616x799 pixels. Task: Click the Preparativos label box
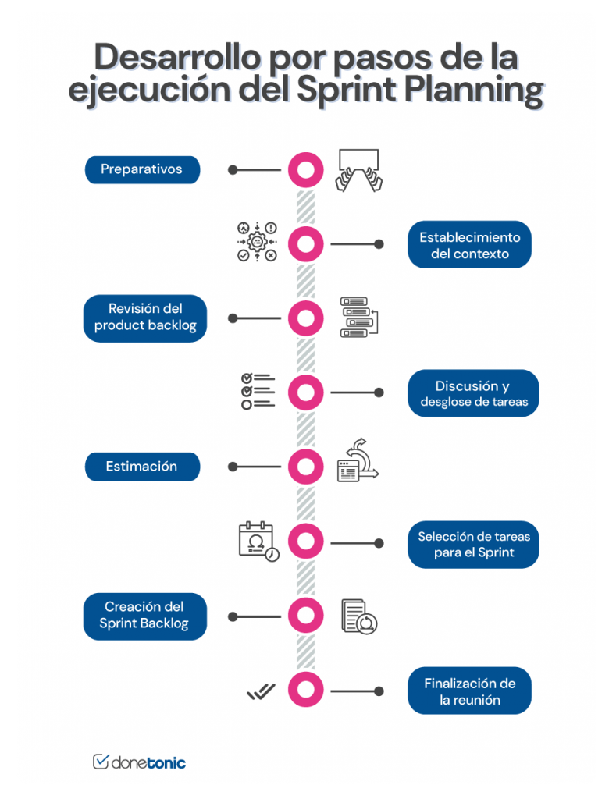[x=142, y=169]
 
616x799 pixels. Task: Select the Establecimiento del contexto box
[x=469, y=245]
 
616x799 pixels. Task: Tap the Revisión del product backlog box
[x=145, y=318]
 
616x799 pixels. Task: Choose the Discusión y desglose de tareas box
[x=473, y=393]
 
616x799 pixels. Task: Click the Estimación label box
[x=142, y=467]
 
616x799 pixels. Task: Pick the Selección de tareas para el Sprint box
[x=473, y=544]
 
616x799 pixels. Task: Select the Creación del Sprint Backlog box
[x=144, y=616]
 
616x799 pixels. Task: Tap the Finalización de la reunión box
[x=469, y=691]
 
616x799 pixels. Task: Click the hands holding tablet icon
[x=359, y=169]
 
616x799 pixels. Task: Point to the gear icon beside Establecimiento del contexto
[x=257, y=242]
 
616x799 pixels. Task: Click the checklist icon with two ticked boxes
[x=258, y=391]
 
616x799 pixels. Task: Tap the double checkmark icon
[x=261, y=691]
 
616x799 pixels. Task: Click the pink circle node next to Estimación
[x=305, y=467]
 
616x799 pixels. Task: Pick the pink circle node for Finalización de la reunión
[x=305, y=691]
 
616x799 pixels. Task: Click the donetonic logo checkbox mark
[x=101, y=762]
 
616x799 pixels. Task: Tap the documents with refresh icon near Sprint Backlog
[x=360, y=616]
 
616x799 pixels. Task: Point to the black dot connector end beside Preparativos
[x=233, y=169]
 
